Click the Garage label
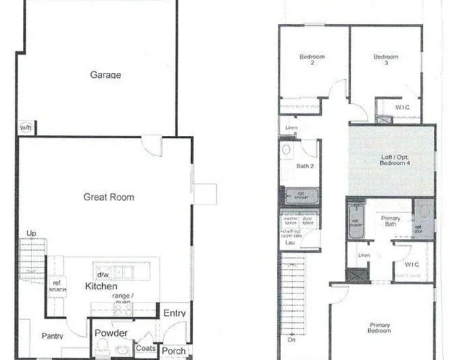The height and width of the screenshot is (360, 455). [105, 75]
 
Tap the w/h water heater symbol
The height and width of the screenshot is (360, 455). [26, 127]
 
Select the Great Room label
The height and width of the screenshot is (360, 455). [108, 198]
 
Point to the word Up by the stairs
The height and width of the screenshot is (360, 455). [31, 233]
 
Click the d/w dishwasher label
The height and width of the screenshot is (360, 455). [103, 275]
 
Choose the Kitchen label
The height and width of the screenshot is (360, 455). [101, 286]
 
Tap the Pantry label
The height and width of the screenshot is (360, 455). [52, 337]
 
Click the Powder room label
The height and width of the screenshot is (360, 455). [111, 333]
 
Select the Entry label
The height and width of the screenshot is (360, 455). [174, 313]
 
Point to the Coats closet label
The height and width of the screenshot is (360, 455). [146, 348]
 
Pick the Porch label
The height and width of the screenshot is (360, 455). [174, 351]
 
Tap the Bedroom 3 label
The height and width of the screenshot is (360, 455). [385, 60]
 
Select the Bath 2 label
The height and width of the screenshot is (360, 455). [305, 166]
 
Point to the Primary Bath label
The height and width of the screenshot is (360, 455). [391, 221]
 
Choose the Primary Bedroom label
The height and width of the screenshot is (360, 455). [380, 327]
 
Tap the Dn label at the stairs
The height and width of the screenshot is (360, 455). [291, 340]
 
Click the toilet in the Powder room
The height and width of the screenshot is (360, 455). [103, 347]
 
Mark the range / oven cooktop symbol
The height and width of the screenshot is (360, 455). [123, 306]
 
